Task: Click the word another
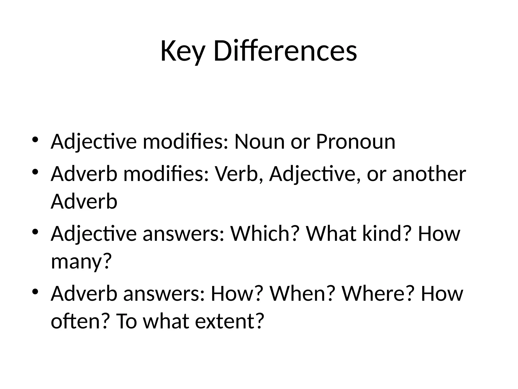(429, 174)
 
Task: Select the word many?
(81, 261)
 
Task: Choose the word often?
(81, 321)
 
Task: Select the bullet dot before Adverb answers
(35, 291)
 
